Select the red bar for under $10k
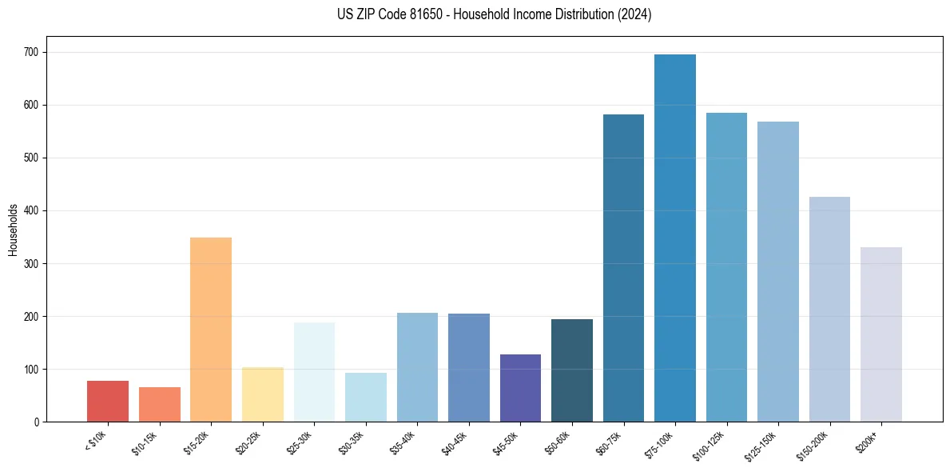click(x=108, y=401)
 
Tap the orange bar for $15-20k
click(x=211, y=330)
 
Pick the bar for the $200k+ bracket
click(x=881, y=334)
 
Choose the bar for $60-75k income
click(x=623, y=268)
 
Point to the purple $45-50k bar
click(x=520, y=388)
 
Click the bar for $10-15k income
click(x=160, y=404)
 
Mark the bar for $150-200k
click(x=829, y=309)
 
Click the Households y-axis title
click(x=13, y=230)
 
